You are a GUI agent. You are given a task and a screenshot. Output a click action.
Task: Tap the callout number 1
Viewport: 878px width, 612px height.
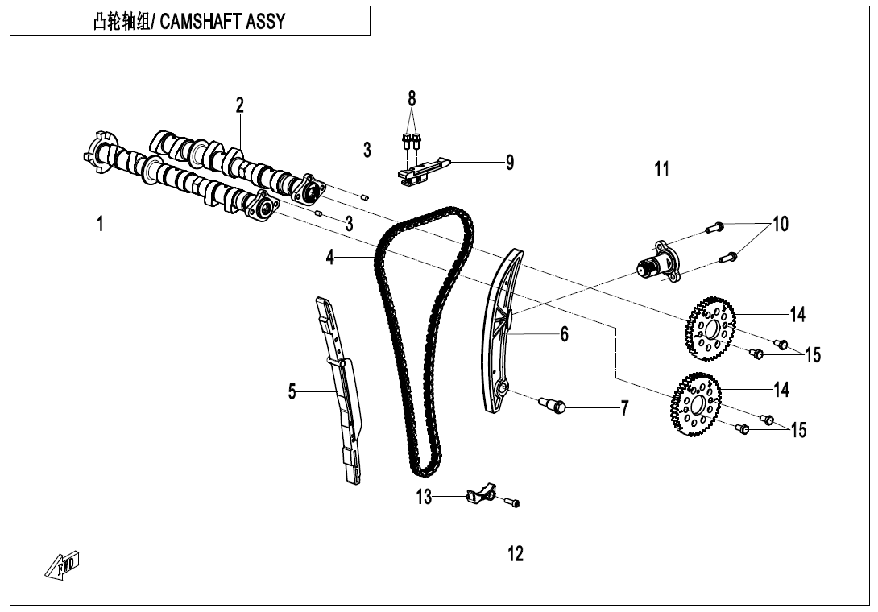100,224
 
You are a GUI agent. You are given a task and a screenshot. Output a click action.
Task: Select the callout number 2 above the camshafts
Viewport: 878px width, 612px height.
240,105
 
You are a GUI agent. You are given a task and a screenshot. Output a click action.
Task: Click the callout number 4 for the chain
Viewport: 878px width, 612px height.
330,257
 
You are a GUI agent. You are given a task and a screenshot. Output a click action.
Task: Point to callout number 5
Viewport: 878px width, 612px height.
292,392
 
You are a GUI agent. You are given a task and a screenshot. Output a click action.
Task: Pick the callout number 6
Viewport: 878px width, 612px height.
565,333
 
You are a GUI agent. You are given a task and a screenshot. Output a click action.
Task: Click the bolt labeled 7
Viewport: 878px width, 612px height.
554,404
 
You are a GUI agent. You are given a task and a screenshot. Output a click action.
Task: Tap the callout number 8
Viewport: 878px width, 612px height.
412,98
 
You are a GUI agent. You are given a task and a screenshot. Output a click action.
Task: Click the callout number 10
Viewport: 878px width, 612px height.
781,224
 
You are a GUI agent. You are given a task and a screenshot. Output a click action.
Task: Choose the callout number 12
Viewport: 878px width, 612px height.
516,554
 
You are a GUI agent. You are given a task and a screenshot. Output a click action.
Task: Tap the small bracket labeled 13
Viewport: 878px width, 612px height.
482,492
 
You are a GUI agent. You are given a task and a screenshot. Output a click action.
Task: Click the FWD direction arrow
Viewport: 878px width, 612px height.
63,567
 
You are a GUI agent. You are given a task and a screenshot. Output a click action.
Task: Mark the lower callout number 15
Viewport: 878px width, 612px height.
797,430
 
